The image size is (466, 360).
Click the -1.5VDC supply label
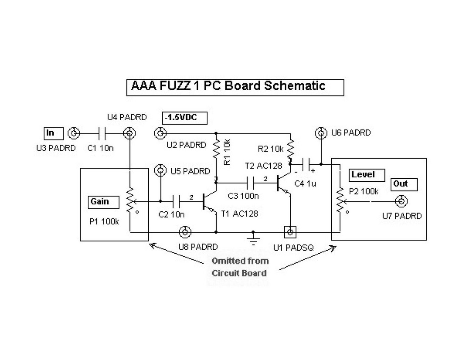[x=184, y=118]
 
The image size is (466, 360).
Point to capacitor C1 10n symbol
[x=102, y=134]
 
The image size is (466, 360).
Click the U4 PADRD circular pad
[x=129, y=134]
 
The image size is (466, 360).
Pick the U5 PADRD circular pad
[x=161, y=171]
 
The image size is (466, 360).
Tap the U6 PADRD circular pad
[x=321, y=134]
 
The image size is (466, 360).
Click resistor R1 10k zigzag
[x=216, y=148]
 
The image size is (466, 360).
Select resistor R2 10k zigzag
[x=291, y=149]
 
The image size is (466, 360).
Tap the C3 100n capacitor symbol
[x=251, y=183]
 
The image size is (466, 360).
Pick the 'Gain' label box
[x=99, y=202]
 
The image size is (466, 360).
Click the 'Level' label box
[x=363, y=174]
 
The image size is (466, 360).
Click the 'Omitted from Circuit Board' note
[x=240, y=267]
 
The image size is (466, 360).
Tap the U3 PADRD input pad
[x=74, y=134]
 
